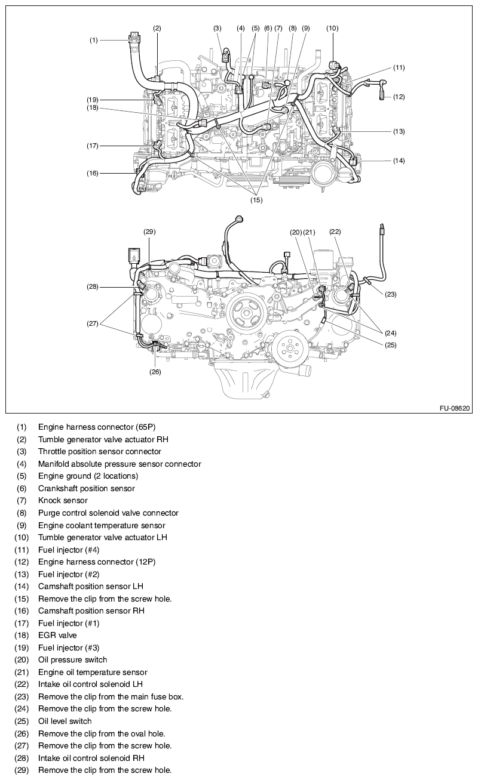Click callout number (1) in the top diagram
click(x=94, y=40)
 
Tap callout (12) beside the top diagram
click(x=399, y=97)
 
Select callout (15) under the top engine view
click(x=256, y=201)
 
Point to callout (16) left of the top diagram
click(x=93, y=174)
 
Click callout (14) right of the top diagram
click(x=399, y=161)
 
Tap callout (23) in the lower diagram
click(x=390, y=294)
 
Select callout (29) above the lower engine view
click(x=149, y=231)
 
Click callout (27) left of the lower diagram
click(x=93, y=324)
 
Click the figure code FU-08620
click(x=455, y=409)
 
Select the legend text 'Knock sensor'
click(x=63, y=501)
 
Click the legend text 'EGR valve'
click(x=57, y=636)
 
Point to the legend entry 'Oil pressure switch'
click(x=73, y=660)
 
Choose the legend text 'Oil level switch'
click(x=65, y=722)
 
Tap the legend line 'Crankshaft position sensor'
click(x=87, y=488)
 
